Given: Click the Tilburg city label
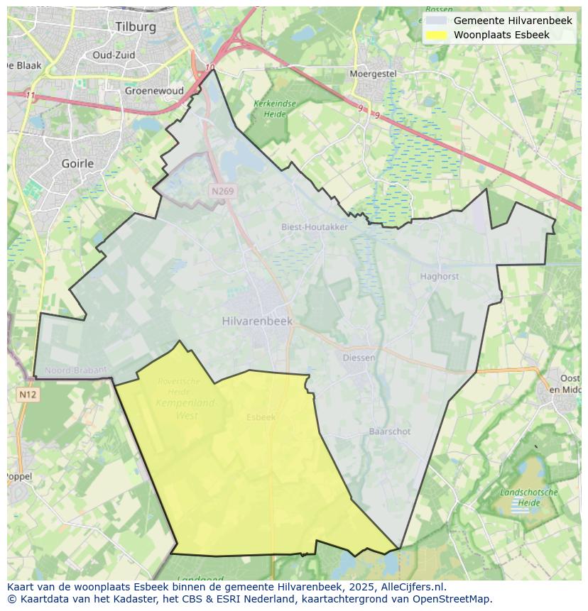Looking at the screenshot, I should pyautogui.click(x=135, y=26).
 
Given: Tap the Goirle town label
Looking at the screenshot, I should pyautogui.click(x=78, y=163).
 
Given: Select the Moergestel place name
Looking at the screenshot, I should pyautogui.click(x=373, y=74).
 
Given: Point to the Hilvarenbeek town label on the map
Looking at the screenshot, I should pyautogui.click(x=257, y=321).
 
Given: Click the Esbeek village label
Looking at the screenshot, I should pyautogui.click(x=261, y=417).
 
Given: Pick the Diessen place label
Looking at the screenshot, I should pyautogui.click(x=359, y=358).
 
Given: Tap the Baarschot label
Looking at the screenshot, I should pyautogui.click(x=390, y=431).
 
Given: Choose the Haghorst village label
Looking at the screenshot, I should pyautogui.click(x=440, y=277).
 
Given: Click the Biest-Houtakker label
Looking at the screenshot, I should pyautogui.click(x=315, y=227).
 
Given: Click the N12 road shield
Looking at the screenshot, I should pyautogui.click(x=27, y=395).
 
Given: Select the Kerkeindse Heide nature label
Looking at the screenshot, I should pyautogui.click(x=274, y=109).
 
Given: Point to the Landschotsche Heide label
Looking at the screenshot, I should pyautogui.click(x=529, y=497).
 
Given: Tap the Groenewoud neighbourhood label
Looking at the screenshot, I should pyautogui.click(x=154, y=91).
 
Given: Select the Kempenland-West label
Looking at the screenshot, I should pyautogui.click(x=185, y=409).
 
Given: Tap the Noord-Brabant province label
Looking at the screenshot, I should pyautogui.click(x=75, y=370).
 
